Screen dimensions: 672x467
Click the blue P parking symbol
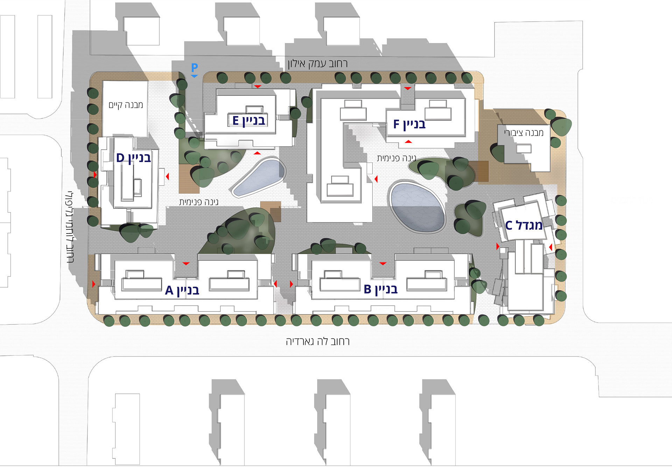point(194,67)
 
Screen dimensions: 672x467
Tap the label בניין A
point(182,290)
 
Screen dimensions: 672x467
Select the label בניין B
point(381,289)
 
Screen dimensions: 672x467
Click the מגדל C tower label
point(524,225)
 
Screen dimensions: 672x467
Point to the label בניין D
point(133,158)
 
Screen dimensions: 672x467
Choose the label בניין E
point(249,121)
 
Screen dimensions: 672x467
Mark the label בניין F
point(409,124)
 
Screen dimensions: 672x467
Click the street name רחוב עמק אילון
point(317,64)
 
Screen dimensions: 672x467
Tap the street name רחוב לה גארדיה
point(318,341)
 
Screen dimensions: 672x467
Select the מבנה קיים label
point(126,105)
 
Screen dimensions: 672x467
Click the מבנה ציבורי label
point(524,132)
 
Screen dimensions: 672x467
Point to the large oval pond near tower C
point(417,207)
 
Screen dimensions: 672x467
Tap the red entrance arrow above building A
point(186,264)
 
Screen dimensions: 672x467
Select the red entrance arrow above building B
point(383,264)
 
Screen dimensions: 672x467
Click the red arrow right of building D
point(167,177)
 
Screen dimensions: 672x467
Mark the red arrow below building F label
point(408,142)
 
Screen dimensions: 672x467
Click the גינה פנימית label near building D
point(198,202)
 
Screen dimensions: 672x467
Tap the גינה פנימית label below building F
point(396,158)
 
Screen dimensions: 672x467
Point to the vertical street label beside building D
point(70,227)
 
